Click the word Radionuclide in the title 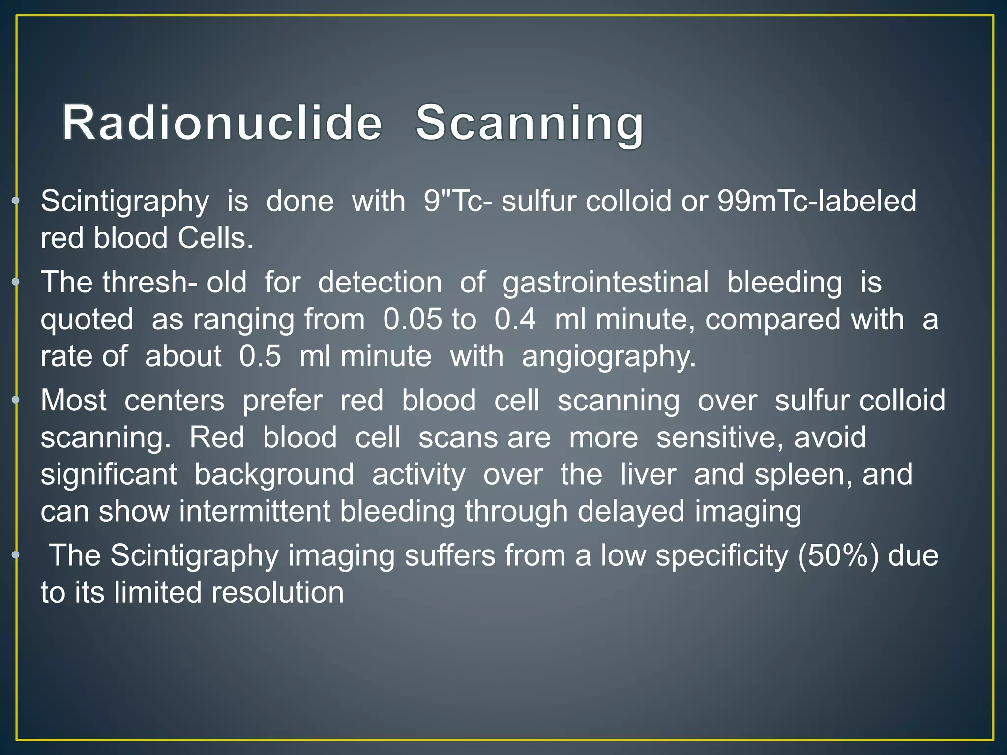pos(222,123)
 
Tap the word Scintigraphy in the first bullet pos(125,202)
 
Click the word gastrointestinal pos(606,283)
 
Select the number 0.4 pos(515,319)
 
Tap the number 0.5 pos(260,356)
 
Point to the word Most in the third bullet pos(73,401)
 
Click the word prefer pos(282,401)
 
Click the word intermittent pos(255,511)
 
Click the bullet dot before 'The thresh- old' pos(16,282)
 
